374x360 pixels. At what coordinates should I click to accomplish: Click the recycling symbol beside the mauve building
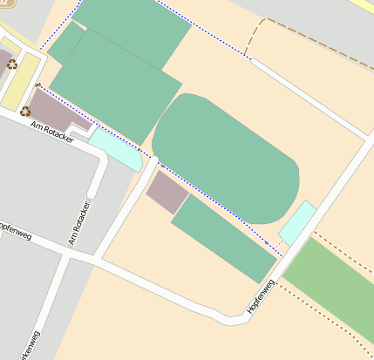tap(25, 111)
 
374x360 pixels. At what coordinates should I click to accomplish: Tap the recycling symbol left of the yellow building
tap(11, 64)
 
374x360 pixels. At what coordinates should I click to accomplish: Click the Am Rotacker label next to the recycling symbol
tap(51, 132)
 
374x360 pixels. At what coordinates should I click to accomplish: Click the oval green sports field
tap(226, 158)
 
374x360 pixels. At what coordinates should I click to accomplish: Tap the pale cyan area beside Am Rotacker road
tap(115, 148)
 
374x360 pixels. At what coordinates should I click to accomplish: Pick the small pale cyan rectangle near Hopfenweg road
tap(297, 222)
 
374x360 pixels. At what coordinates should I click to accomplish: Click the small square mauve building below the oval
tap(167, 192)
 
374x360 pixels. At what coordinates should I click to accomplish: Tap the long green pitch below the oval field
tap(224, 237)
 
